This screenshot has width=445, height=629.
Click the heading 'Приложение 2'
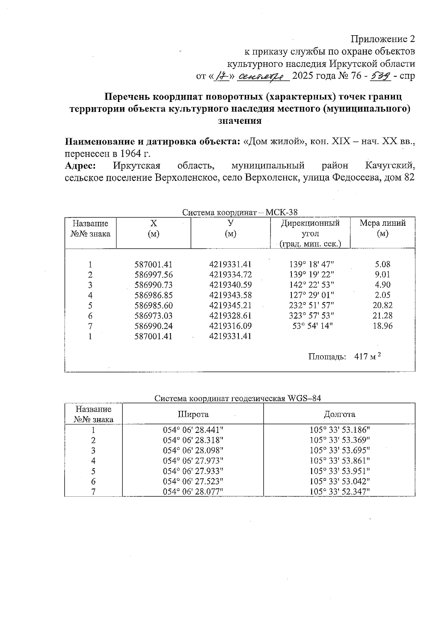(x=383, y=39)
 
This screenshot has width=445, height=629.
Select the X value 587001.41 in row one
(x=153, y=265)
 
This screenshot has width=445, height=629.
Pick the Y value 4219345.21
(x=230, y=306)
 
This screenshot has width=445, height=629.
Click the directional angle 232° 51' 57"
(x=311, y=306)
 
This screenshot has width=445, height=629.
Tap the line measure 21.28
(x=383, y=316)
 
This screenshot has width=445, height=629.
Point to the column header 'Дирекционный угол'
(x=310, y=228)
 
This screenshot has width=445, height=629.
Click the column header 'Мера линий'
(x=383, y=224)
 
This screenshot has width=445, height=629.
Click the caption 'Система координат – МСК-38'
(x=240, y=212)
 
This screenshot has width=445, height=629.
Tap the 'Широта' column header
(x=193, y=414)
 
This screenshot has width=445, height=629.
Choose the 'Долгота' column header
(x=339, y=414)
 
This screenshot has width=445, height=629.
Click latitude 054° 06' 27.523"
(x=193, y=481)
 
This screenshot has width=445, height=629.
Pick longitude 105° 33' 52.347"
(x=340, y=492)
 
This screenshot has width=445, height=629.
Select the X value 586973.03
(x=153, y=316)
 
